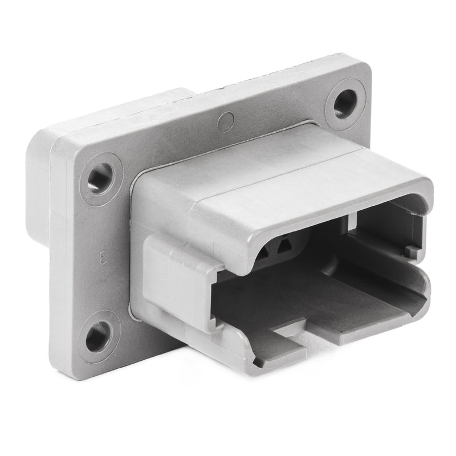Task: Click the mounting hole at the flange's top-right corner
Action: [x=345, y=103]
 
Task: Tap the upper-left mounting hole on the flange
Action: [x=101, y=178]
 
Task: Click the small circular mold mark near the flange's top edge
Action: [x=226, y=121]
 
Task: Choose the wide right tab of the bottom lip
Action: [x=365, y=319]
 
